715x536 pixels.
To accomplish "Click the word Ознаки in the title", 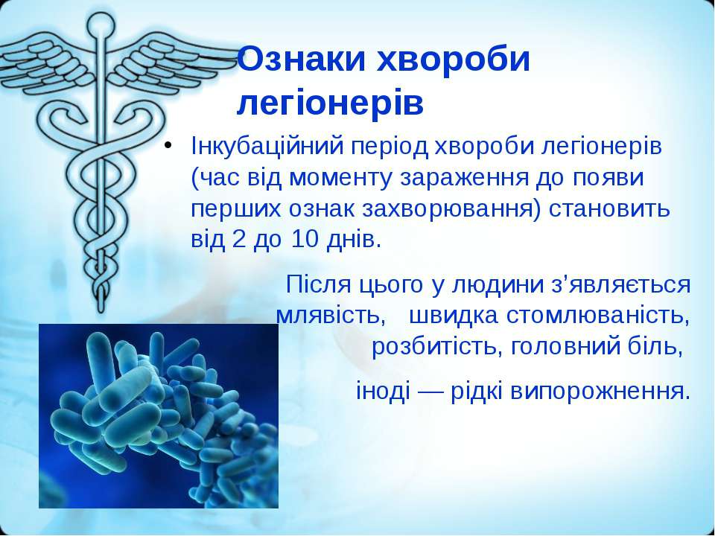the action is (302, 60).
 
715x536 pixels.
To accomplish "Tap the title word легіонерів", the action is (330, 105).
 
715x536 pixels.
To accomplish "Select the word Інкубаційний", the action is (267, 147).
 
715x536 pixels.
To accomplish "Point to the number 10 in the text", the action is (304, 239).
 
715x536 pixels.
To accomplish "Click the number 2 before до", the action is (238, 239).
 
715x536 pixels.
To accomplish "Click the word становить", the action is (610, 208).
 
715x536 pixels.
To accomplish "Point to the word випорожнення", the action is (600, 392).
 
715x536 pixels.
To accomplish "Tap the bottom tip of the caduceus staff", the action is (101, 311).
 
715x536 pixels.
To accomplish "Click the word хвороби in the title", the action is (454, 60).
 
